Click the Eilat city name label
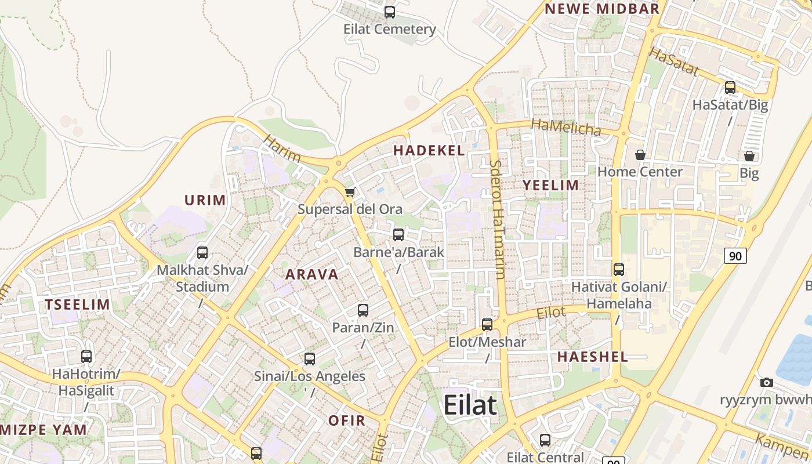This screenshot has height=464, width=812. pos(470,405)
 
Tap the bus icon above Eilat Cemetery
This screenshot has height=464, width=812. pos(390,12)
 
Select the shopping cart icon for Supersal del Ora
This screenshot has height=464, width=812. pos(350,192)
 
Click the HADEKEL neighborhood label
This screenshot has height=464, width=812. pos(429,151)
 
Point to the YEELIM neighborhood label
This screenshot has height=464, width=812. pos(551,186)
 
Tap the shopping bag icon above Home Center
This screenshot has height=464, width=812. pos(640,155)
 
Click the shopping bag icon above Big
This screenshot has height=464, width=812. pos(749,156)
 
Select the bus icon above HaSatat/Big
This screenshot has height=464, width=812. pos(730,88)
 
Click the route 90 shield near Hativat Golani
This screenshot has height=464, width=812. pos(735,255)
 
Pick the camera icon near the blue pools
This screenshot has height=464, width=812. pos(767,382)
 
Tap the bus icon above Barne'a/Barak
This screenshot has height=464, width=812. pos(398,234)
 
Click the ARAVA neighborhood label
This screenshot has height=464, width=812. pos(312,274)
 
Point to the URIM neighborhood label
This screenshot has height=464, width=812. pos(205,201)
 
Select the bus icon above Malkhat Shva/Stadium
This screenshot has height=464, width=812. pos(202,252)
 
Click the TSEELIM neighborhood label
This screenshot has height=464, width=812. pos(78,304)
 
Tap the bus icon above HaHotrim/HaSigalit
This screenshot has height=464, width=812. pos(86,356)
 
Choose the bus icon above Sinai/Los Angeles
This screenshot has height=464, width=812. pos(310,358)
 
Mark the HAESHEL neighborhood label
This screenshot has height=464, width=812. pos(593,357)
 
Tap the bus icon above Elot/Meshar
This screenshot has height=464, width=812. pos(487,324)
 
